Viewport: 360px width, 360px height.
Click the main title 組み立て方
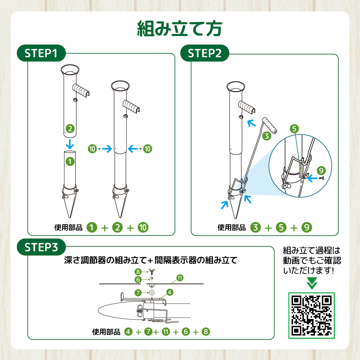180,28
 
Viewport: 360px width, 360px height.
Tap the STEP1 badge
41,53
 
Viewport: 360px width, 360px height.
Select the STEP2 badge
204,53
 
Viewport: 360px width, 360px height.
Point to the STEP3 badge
41,247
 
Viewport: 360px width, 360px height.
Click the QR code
311,315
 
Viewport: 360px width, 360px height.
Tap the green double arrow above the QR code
312,283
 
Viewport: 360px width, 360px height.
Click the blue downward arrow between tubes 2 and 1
70,144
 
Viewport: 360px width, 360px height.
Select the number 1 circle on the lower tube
70,162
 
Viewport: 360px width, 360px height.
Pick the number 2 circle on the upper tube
70,129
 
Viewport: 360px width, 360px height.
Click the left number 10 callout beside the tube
92,149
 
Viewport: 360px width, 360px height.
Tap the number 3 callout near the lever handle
266,136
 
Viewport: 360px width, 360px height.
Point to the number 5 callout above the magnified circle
294,129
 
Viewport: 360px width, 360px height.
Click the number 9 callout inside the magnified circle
321,170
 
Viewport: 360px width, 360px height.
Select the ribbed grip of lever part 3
270,125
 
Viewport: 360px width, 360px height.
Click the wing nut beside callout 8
152,271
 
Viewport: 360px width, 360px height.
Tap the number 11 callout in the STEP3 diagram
180,278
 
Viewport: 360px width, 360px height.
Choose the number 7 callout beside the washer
138,293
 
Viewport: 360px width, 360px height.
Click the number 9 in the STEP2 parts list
307,228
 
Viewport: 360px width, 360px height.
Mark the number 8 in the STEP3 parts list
206,332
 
